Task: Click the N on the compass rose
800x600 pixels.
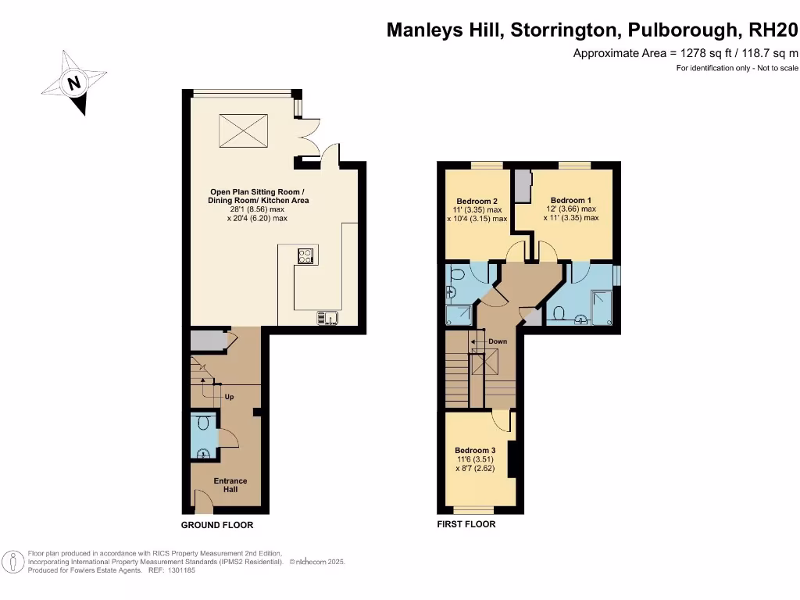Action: pos(74,83)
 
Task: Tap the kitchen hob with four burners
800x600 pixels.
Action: pos(305,255)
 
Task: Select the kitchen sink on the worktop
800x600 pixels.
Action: pos(327,317)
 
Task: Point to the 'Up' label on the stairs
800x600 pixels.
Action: pos(230,397)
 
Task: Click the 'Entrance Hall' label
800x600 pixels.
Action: pos(230,485)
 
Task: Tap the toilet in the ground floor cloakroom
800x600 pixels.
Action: pos(203,423)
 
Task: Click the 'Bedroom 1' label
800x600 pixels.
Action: pos(571,200)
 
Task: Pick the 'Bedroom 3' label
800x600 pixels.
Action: pos(475,451)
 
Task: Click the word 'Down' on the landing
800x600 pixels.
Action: pos(497,341)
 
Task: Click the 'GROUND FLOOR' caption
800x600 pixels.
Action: pos(217,525)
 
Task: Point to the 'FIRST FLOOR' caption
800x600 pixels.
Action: pos(466,524)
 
